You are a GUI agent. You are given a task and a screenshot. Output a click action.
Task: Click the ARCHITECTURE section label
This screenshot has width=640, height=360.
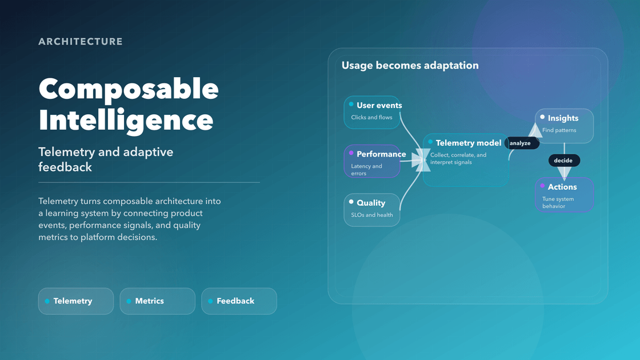tap(81, 42)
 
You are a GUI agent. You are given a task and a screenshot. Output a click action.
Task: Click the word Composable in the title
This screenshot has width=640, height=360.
tap(129, 89)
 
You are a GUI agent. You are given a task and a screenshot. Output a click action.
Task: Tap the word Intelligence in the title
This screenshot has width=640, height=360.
tap(126, 120)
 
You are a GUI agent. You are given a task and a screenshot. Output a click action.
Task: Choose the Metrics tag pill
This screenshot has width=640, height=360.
tap(157, 301)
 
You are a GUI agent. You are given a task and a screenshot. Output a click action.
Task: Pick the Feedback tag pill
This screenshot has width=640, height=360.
tap(239, 301)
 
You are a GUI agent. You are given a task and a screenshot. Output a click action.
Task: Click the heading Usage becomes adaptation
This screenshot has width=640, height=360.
tap(410, 66)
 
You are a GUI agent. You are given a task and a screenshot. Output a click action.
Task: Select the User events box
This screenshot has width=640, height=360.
tap(372, 112)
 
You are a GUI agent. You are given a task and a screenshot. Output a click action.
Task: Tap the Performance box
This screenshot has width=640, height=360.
tap(372, 161)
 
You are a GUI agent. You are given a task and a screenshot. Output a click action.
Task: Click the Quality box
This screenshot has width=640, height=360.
tap(372, 210)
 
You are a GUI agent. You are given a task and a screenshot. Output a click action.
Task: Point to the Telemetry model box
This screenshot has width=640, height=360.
tap(466, 160)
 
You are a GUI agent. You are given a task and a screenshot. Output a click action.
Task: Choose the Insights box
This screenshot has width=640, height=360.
tap(564, 126)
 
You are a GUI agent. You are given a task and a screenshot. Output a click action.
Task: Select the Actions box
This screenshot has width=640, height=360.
tap(564, 194)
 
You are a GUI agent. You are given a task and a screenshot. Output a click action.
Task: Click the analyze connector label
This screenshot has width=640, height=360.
tap(520, 143)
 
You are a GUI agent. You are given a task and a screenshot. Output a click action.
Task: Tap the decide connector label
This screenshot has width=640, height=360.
tap(563, 161)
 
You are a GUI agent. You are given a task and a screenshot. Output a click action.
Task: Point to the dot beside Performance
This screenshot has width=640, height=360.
tap(351, 153)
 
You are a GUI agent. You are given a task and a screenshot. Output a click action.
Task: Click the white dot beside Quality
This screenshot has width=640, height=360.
tap(351, 202)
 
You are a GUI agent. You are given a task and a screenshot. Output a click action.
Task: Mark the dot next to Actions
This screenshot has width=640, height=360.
tap(542, 186)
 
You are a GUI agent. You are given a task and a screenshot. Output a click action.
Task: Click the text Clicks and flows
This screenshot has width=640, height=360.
tap(371, 118)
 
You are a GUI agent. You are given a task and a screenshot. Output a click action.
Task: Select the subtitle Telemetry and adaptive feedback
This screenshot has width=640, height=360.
tap(106, 159)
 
